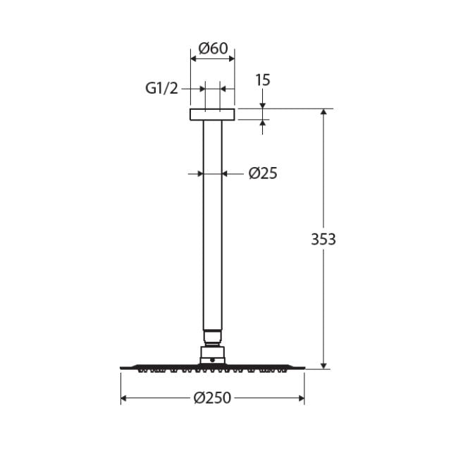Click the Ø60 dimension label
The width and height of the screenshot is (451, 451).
[213, 49]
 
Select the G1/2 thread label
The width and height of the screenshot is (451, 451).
[162, 88]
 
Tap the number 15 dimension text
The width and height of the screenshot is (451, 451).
[262, 80]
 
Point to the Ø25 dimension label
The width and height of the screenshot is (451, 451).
[263, 173]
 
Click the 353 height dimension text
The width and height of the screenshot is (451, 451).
[323, 239]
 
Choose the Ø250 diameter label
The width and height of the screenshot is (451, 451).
[213, 398]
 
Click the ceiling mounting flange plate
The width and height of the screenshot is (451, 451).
[212, 114]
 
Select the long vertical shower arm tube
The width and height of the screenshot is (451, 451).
[212, 225]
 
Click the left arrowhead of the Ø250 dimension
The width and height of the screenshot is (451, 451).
[125, 399]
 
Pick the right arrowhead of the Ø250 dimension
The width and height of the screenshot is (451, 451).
[301, 399]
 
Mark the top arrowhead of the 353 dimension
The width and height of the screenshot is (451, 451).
[324, 113]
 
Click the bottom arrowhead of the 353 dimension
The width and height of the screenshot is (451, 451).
[324, 364]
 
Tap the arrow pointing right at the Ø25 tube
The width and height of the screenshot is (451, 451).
[199, 173]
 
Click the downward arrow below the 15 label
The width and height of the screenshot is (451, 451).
[263, 105]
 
